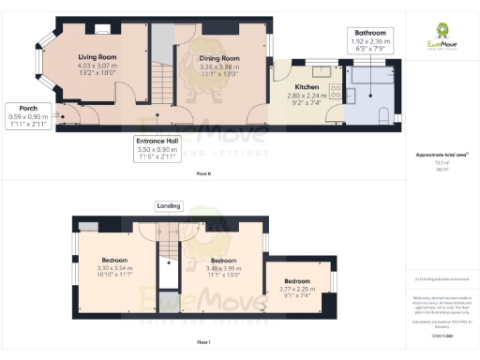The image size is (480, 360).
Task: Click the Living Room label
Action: (97, 56)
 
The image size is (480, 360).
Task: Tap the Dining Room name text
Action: (219, 58)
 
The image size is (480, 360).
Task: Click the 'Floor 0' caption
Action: (203, 174)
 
